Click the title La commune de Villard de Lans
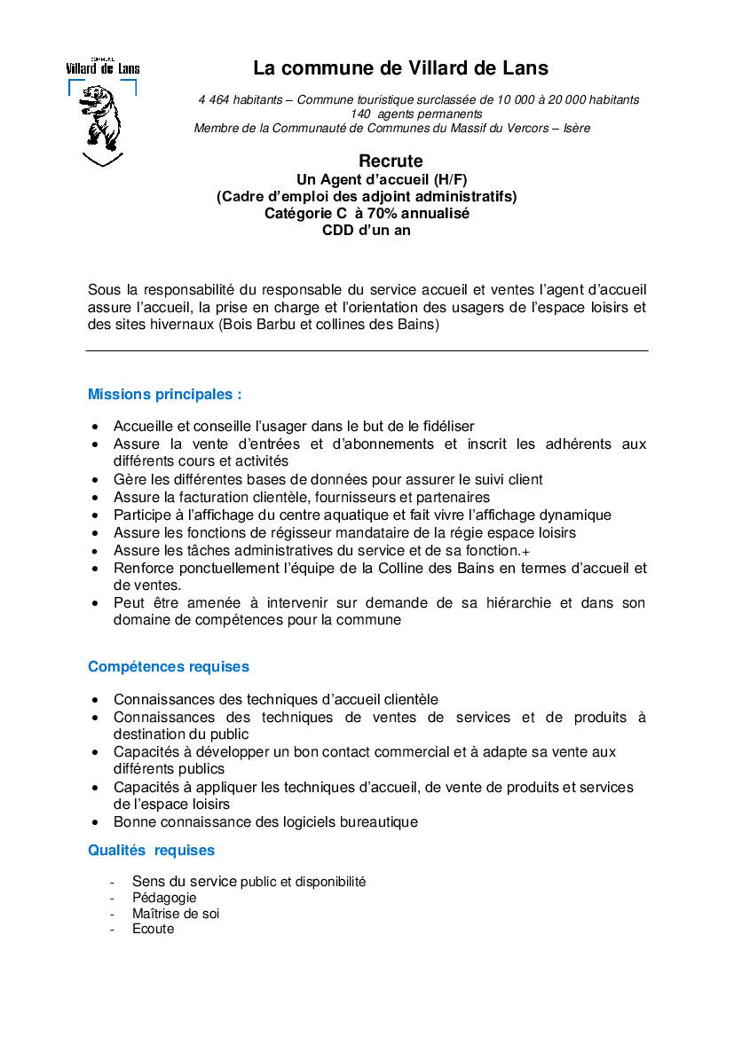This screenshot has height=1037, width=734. coord(400,68)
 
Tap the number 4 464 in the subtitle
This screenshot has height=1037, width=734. coord(215,100)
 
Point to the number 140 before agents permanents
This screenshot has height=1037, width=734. coord(360,114)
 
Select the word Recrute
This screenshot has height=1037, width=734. coord(391,161)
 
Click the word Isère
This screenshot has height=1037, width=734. coord(577,128)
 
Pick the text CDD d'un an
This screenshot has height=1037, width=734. coord(367,231)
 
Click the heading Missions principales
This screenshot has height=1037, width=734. coord(164,395)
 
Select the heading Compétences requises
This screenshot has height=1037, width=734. coord(169,667)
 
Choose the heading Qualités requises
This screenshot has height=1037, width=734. coord(151,851)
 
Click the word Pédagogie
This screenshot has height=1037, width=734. coord(164,898)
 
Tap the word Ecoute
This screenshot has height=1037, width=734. coord(154,930)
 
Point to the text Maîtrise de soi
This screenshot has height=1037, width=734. coord(176,914)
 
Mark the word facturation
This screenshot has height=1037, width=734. coord(218,498)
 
